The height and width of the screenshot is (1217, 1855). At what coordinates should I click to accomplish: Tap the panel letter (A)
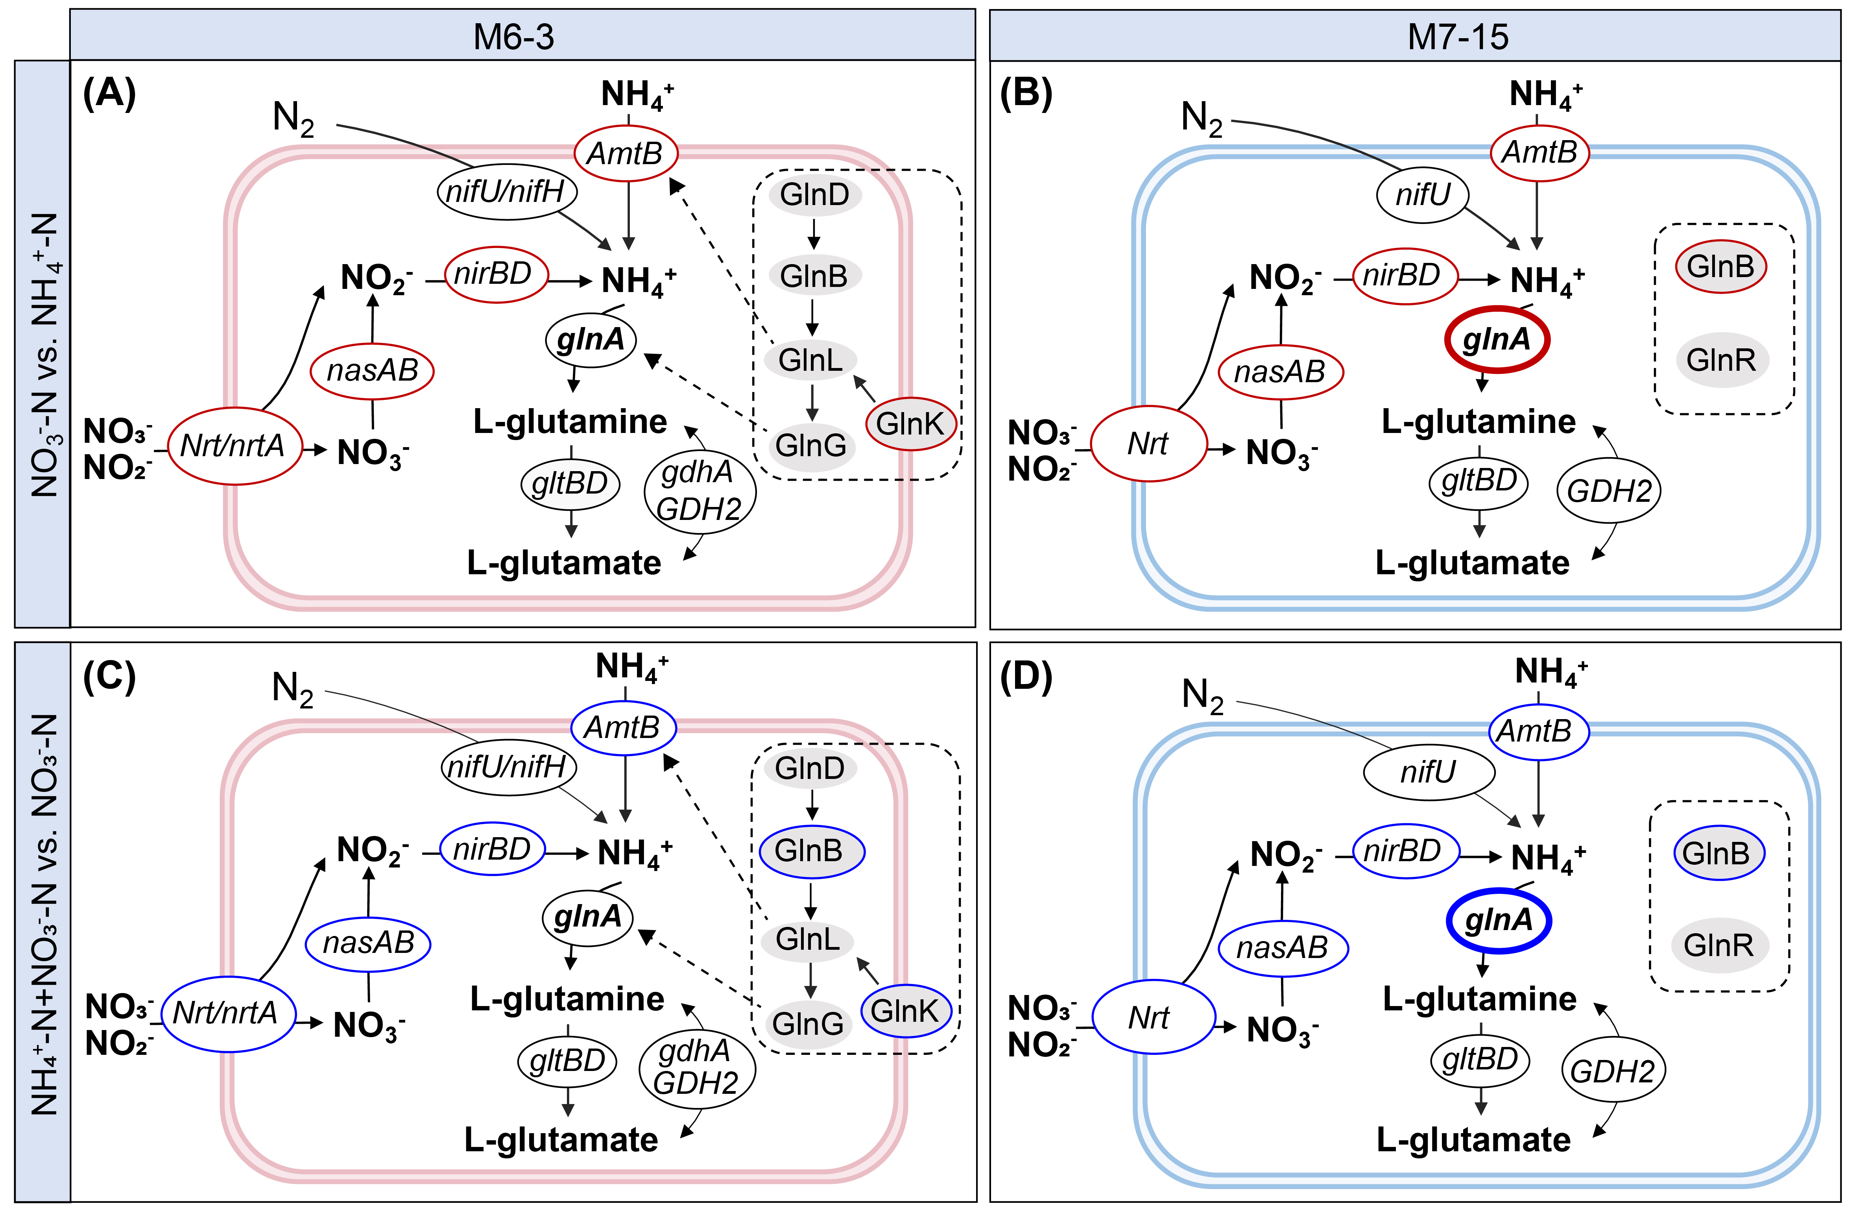click(109, 94)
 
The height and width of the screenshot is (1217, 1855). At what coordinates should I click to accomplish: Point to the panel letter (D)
click(1026, 677)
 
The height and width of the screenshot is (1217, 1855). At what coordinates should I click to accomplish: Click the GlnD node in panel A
click(814, 194)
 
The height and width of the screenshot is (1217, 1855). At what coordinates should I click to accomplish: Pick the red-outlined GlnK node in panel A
click(910, 424)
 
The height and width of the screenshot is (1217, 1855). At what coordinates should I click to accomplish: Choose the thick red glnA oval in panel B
click(1497, 340)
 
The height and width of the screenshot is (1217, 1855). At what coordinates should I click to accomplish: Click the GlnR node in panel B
click(1721, 360)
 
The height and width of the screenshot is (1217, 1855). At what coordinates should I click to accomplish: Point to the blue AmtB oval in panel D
click(1538, 731)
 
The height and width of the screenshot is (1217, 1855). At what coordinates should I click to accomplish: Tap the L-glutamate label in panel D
click(1473, 1140)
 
